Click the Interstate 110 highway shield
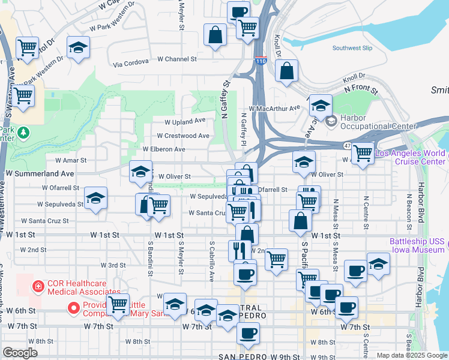pos(261,61)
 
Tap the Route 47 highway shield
pos(348,145)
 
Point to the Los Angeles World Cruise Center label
pos(411,157)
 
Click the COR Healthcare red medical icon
pos(38,287)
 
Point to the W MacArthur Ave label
pos(278,108)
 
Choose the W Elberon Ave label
pos(164,149)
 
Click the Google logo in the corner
pos(20,352)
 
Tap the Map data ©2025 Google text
pos(412,355)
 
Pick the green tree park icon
pos(23,131)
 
